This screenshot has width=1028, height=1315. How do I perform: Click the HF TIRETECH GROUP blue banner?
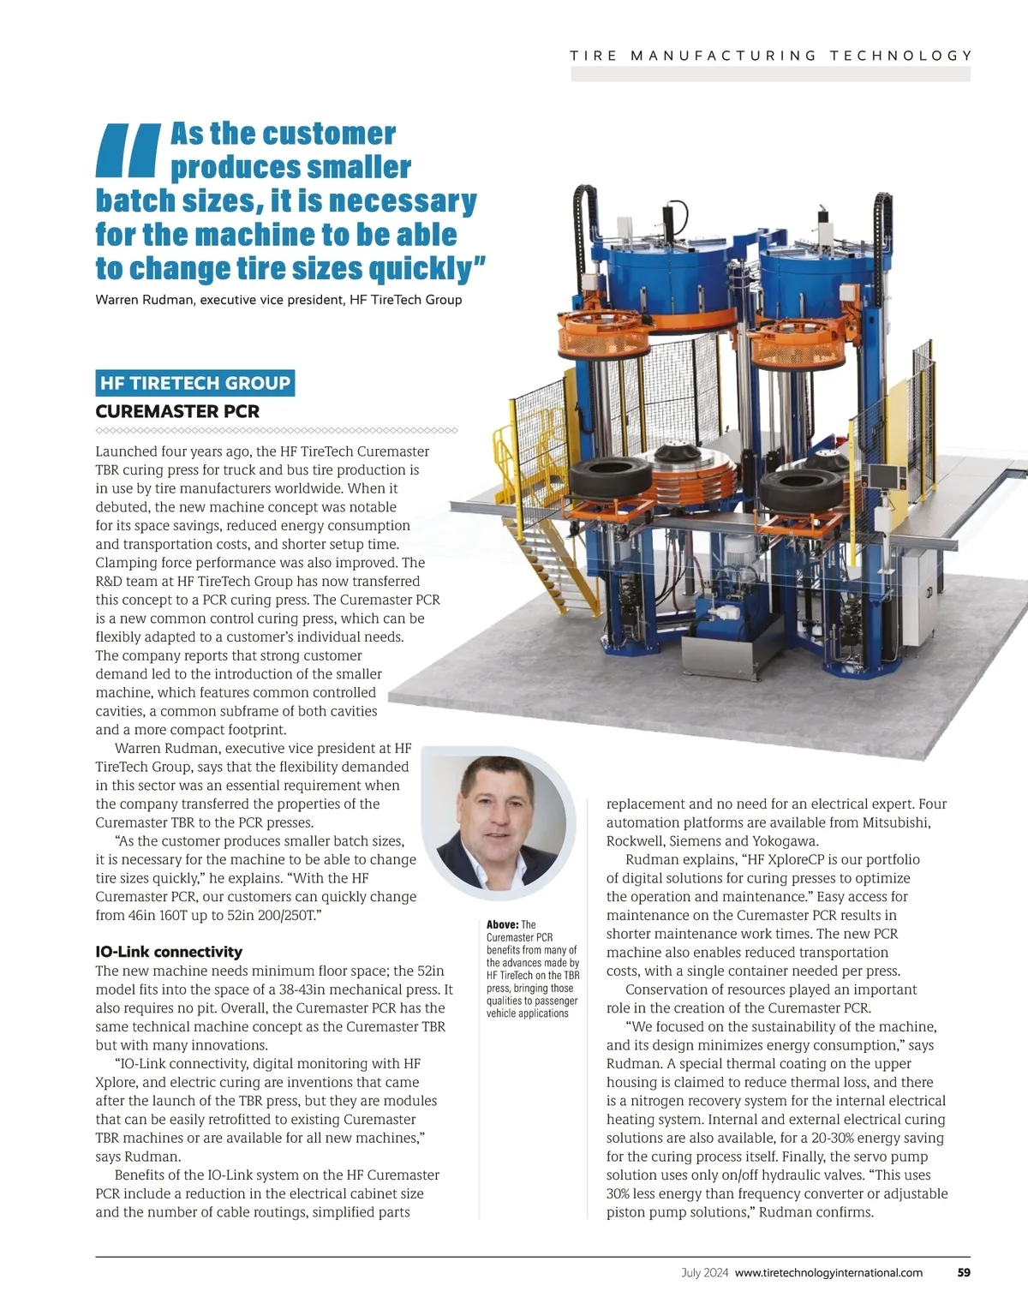pyautogui.click(x=195, y=383)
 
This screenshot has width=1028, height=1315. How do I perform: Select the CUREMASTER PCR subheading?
pyautogui.click(x=177, y=411)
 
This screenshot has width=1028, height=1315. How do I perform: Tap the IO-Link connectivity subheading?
pyautogui.click(x=169, y=952)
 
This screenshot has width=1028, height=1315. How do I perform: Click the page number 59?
pyautogui.click(x=964, y=1272)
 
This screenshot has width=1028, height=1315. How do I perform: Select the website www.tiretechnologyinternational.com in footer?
pyautogui.click(x=828, y=1272)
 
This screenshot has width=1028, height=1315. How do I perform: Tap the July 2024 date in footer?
pyautogui.click(x=705, y=1272)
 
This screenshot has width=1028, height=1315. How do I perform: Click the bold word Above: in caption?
pyautogui.click(x=502, y=924)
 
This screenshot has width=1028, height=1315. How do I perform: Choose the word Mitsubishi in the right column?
pyautogui.click(x=897, y=822)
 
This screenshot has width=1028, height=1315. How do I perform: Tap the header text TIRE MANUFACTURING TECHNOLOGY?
pyautogui.click(x=771, y=56)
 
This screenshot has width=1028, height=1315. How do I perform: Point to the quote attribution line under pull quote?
pyautogui.click(x=278, y=300)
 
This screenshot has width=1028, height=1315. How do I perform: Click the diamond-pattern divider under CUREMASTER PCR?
pyautogui.click(x=277, y=430)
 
